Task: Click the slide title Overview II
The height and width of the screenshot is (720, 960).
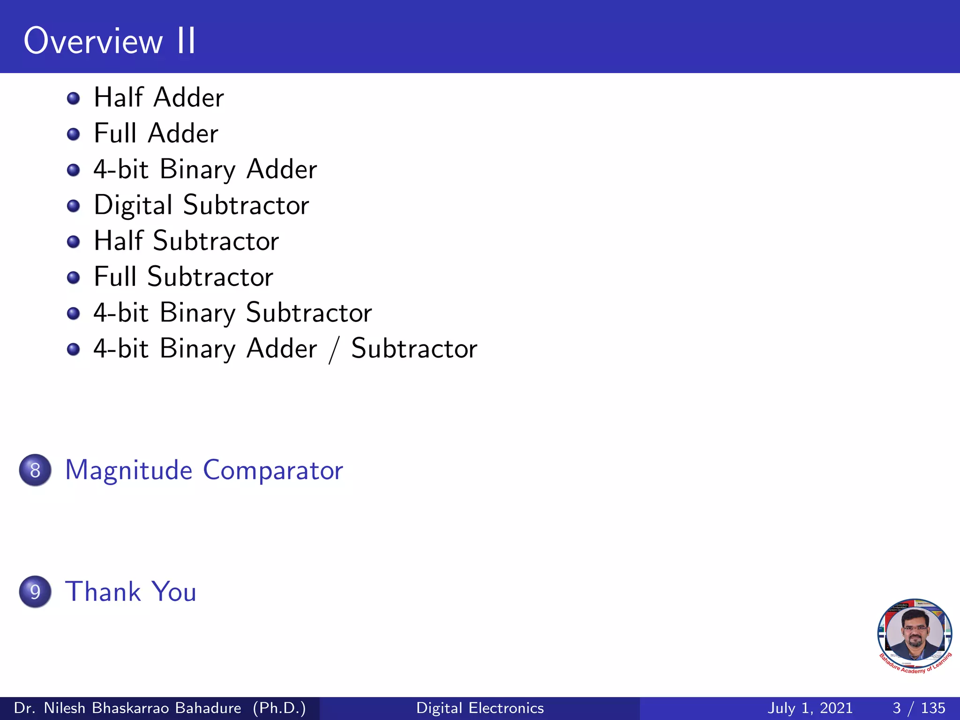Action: (x=110, y=41)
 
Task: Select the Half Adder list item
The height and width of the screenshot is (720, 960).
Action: (x=159, y=97)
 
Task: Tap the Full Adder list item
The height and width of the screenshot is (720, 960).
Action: (x=156, y=133)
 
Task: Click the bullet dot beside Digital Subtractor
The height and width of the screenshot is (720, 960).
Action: (x=73, y=206)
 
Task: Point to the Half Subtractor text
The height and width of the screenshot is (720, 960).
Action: (x=186, y=241)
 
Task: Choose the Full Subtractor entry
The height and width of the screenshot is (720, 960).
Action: (x=183, y=277)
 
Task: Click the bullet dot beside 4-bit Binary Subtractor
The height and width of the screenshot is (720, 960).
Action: (x=73, y=313)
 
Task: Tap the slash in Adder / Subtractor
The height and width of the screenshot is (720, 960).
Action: (x=333, y=350)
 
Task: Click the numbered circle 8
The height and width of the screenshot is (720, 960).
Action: (x=35, y=470)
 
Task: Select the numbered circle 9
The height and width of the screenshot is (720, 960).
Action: (x=35, y=592)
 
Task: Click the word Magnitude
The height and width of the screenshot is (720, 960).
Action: (x=128, y=470)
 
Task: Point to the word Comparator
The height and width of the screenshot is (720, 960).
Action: (x=273, y=470)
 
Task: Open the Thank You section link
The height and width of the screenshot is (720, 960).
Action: (x=131, y=592)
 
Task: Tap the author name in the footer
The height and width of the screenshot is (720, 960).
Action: (x=127, y=708)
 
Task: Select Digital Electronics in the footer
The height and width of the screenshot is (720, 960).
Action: (x=480, y=708)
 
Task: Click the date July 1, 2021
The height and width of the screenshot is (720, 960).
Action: (x=810, y=708)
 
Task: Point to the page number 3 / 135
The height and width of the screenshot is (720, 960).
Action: (x=919, y=708)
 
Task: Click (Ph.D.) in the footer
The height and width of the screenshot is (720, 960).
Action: (x=279, y=708)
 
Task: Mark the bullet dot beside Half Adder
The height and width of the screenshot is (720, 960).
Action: (x=73, y=98)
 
